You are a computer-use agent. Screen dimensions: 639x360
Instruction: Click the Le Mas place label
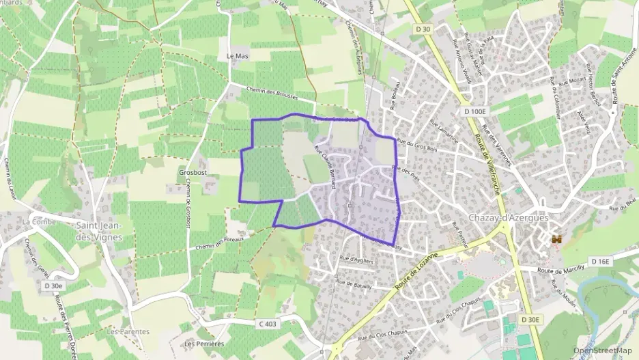click(237, 56)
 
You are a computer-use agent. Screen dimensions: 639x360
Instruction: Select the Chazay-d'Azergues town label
click(508, 217)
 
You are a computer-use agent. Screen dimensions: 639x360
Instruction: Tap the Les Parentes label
click(128, 331)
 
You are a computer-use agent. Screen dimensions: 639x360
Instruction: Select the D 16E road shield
click(601, 262)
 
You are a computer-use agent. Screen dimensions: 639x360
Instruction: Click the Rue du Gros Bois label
click(416, 143)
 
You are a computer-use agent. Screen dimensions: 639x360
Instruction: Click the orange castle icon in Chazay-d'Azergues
click(557, 239)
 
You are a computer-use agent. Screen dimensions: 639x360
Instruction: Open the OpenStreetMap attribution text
click(602, 350)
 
